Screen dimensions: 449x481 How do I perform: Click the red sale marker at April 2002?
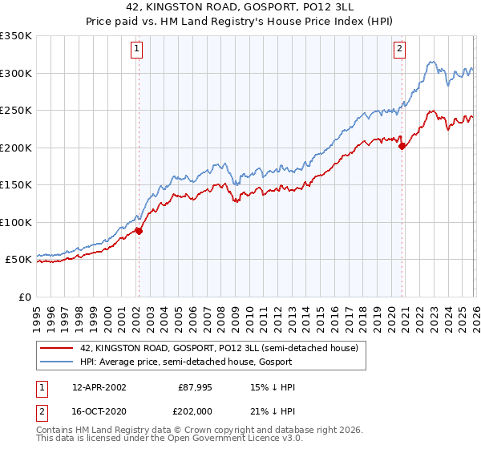tap(139, 231)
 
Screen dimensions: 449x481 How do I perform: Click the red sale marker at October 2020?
tap(402, 146)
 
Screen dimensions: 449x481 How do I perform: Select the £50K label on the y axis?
tap(18, 260)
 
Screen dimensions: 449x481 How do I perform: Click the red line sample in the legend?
tap(58, 347)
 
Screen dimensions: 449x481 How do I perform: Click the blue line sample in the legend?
tap(58, 362)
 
